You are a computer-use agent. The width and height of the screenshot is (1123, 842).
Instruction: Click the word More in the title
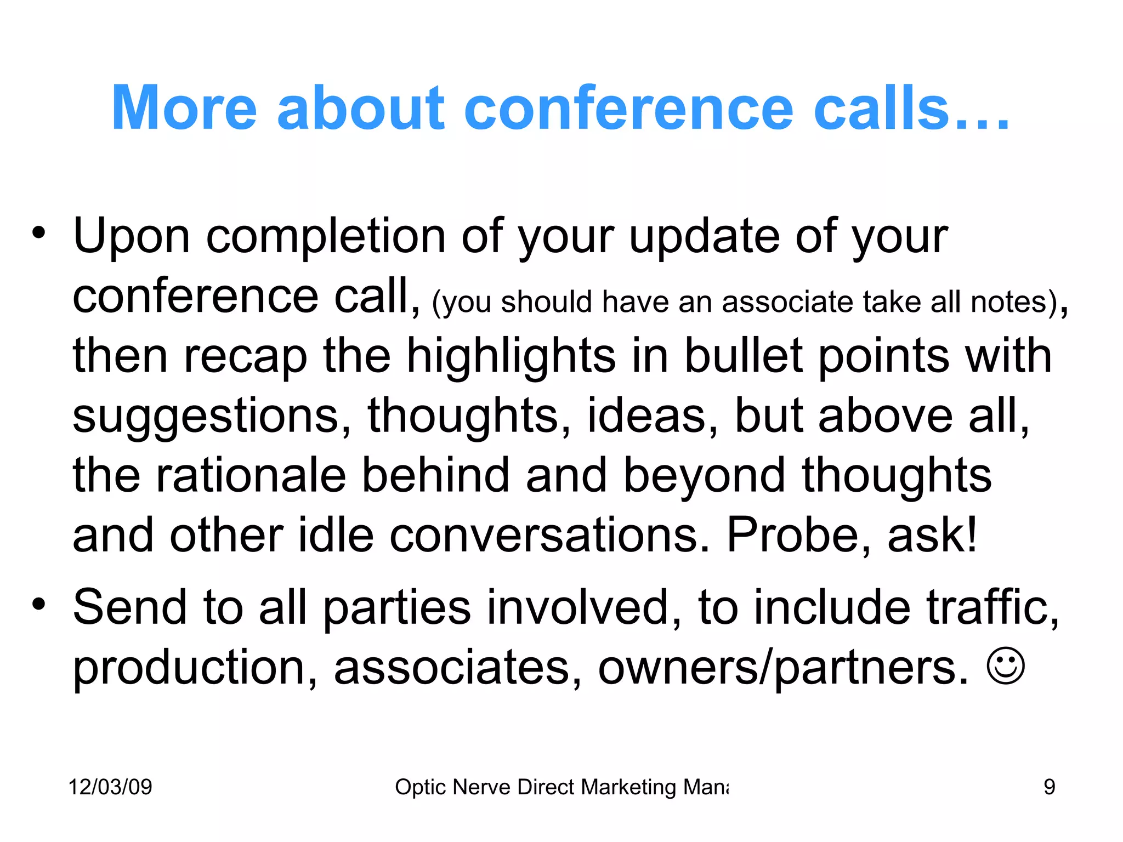click(x=184, y=108)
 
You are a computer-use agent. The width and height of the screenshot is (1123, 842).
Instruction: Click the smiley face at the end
click(x=1005, y=667)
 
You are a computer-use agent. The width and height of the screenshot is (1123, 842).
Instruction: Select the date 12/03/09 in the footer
click(x=110, y=787)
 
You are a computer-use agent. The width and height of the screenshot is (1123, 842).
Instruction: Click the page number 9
click(x=1049, y=787)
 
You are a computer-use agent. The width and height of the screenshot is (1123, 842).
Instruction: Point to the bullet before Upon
click(x=38, y=232)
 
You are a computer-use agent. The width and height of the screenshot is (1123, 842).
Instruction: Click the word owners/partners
click(x=783, y=668)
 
